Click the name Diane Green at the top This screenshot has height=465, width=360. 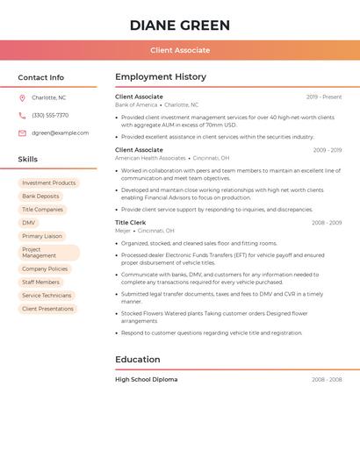click(180, 25)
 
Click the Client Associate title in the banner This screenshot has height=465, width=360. click(180, 50)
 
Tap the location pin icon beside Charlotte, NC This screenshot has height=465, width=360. click(22, 97)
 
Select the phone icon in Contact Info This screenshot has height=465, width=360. click(22, 115)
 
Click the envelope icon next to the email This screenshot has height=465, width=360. click(22, 133)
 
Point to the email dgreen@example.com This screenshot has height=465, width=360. click(60, 133)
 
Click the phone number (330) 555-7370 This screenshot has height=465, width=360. click(50, 115)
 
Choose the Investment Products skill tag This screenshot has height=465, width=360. click(49, 182)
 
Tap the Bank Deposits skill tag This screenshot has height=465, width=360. click(40, 197)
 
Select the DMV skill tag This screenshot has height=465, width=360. click(29, 223)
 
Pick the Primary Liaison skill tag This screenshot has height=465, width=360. click(42, 236)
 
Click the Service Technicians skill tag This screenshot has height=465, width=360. click(47, 296)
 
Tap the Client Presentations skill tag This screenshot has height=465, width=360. click(47, 309)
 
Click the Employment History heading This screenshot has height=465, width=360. click(161, 77)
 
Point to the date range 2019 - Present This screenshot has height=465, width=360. click(324, 97)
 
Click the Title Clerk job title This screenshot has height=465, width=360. click(130, 223)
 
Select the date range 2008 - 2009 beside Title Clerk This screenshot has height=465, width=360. click(327, 223)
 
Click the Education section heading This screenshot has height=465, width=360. click(138, 359)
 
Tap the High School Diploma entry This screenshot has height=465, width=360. click(147, 379)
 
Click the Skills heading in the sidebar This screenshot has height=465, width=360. click(28, 160)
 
